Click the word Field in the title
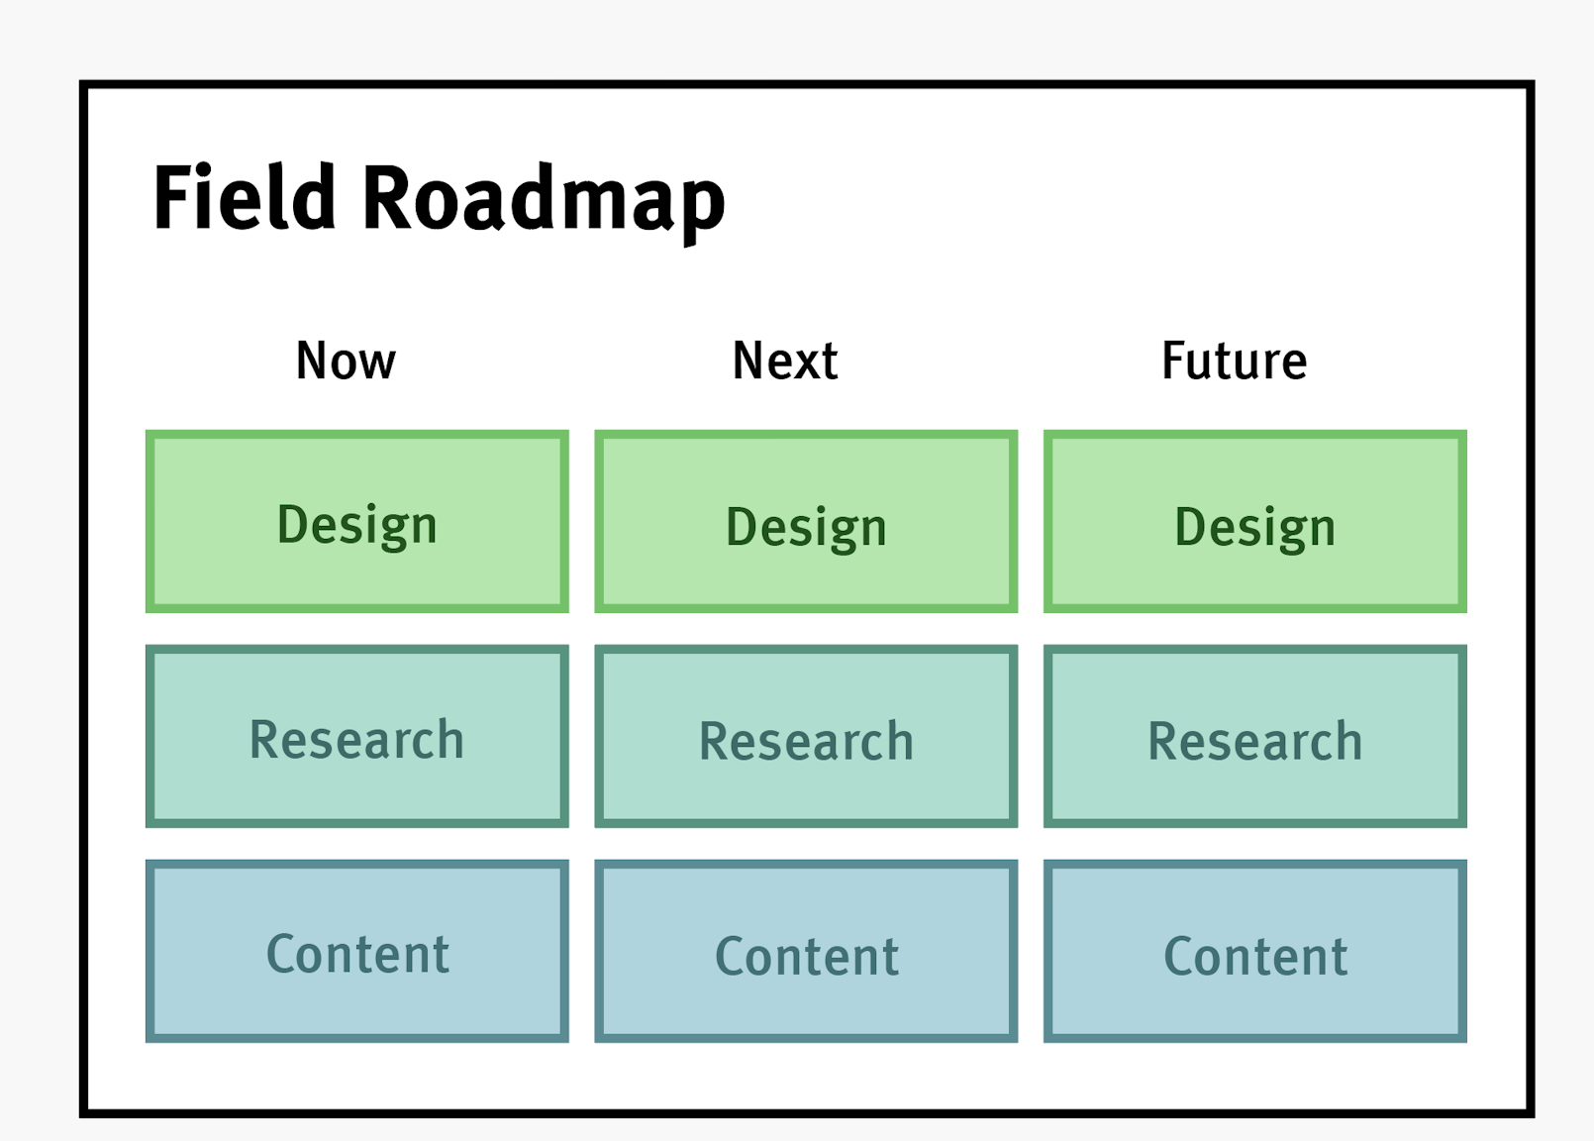click(x=245, y=198)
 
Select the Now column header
click(x=346, y=361)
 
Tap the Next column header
click(x=784, y=361)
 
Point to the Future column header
click(x=1234, y=361)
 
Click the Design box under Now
click(x=356, y=522)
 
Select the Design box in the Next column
click(x=806, y=522)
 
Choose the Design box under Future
click(x=1254, y=522)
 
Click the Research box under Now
click(x=356, y=736)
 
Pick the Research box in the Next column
click(x=806, y=736)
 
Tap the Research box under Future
click(x=1254, y=736)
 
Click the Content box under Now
click(x=356, y=951)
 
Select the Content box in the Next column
click(x=806, y=951)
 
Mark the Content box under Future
click(x=1254, y=951)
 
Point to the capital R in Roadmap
click(x=387, y=198)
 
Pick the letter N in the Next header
click(x=748, y=361)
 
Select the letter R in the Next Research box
click(x=715, y=742)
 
